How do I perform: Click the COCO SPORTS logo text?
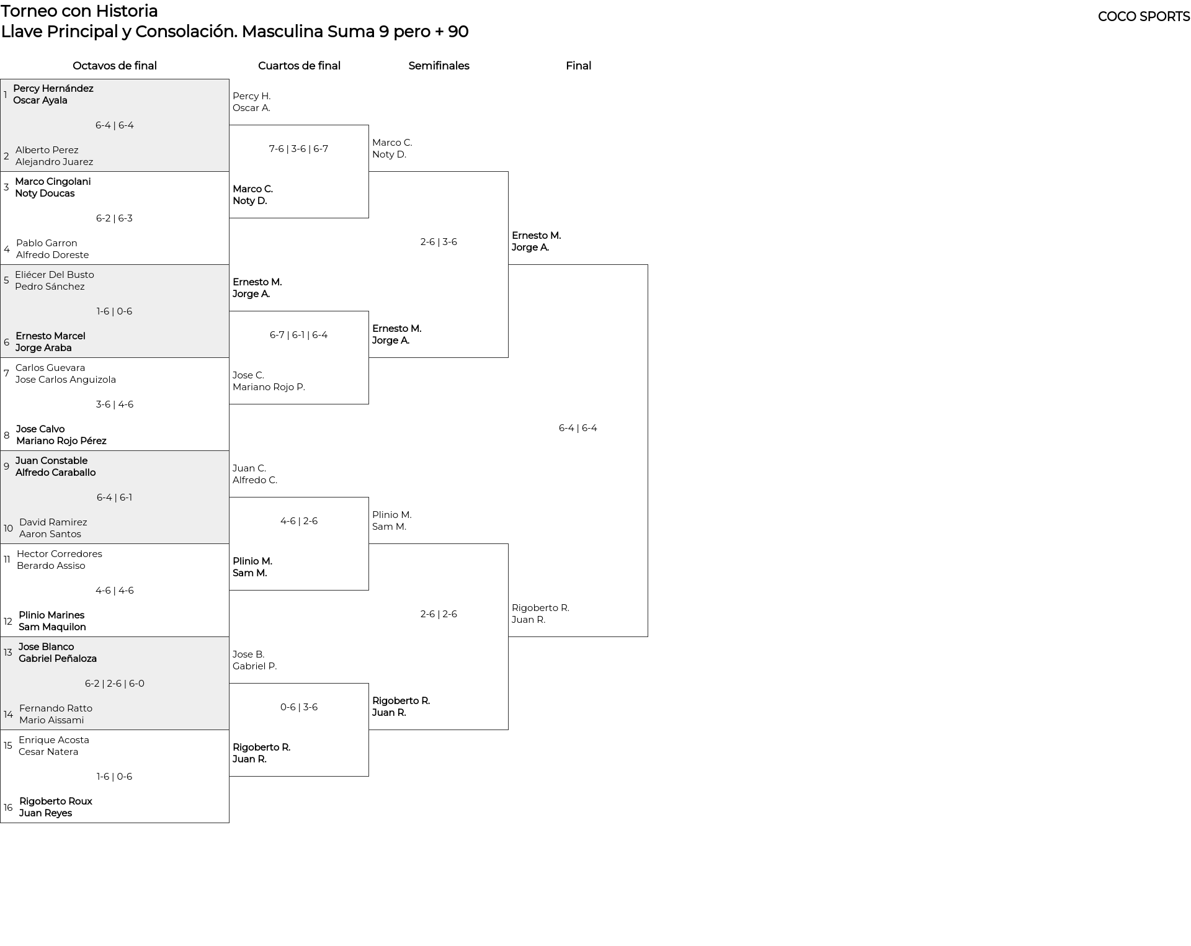1143,17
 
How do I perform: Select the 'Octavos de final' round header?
115,66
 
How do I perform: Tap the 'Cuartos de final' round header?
299,66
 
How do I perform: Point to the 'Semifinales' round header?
439,66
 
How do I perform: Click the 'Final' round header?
578,66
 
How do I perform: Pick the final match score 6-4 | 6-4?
578,428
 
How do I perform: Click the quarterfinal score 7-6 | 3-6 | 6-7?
299,149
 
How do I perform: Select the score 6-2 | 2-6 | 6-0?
115,684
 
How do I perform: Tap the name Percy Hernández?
53,89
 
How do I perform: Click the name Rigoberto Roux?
56,801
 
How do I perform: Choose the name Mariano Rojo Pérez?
61,441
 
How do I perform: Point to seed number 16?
8,808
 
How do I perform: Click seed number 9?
7,466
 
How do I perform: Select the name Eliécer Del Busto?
55,275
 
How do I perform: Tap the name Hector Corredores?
60,554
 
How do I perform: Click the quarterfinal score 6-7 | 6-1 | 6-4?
299,335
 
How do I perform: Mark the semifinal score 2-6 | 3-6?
439,242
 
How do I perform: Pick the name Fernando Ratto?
56,708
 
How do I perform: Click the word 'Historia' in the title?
127,11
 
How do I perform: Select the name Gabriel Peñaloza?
58,659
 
